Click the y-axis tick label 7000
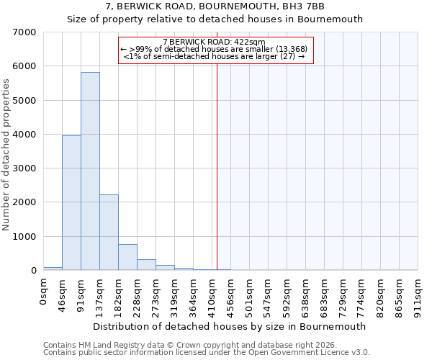(x=24, y=32)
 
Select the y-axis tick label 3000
(x=24, y=168)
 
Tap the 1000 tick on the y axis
(x=24, y=237)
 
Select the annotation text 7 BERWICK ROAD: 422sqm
(x=215, y=42)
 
